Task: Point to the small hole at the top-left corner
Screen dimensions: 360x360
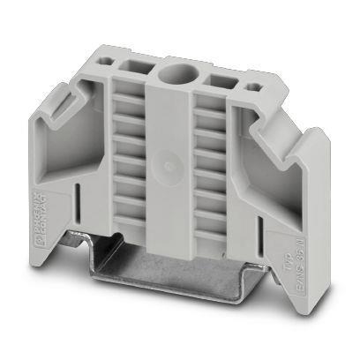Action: (112, 64)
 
